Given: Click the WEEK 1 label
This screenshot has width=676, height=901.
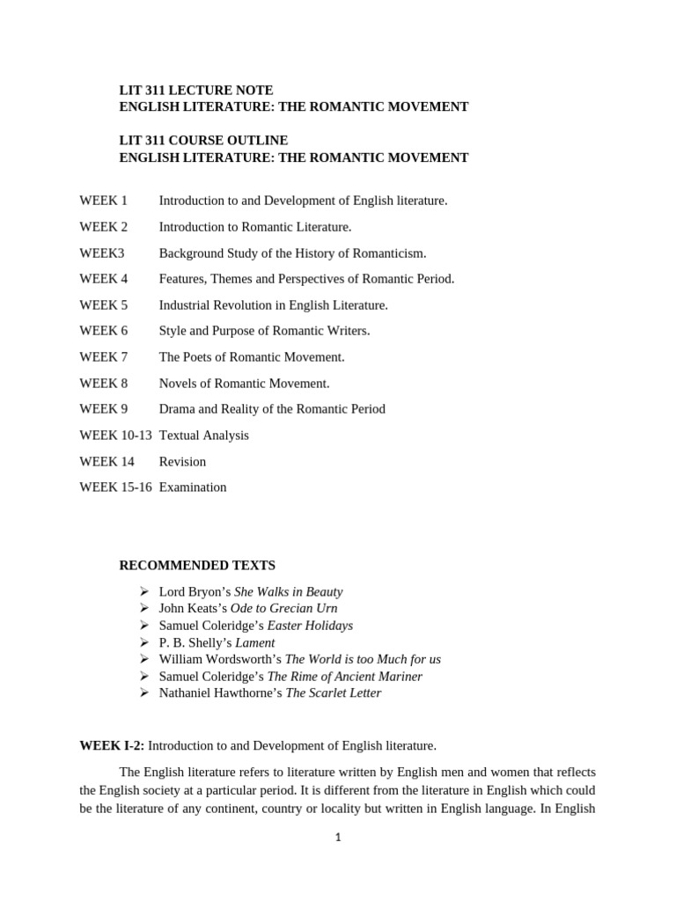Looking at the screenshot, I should pos(103,201).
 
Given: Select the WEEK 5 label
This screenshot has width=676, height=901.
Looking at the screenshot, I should pos(103,305).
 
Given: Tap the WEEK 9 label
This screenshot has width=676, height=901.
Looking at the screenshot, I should pos(103,409).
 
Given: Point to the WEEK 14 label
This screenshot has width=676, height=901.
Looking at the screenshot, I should pos(107,462).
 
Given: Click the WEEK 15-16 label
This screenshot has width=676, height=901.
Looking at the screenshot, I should pos(115,487).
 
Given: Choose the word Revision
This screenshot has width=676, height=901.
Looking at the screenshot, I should pos(182,462).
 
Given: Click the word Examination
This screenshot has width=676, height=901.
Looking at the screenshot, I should pos(193,487).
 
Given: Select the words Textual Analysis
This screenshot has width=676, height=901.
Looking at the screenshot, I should pos(203,436).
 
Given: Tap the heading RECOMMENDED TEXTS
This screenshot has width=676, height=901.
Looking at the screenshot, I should pos(197,565).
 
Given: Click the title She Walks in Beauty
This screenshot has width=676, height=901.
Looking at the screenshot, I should pos(289,592).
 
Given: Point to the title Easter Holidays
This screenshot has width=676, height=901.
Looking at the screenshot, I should pos(310,626).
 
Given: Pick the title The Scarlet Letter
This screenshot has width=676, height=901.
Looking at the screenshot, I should pos(334,693).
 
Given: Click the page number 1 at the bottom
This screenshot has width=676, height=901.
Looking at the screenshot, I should pos(338,838).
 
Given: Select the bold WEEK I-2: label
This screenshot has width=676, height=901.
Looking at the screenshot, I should pos(112,746).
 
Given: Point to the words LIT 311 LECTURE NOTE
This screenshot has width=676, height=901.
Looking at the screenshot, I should pos(196,90).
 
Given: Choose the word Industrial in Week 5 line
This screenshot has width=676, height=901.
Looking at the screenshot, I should pos(185,305).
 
